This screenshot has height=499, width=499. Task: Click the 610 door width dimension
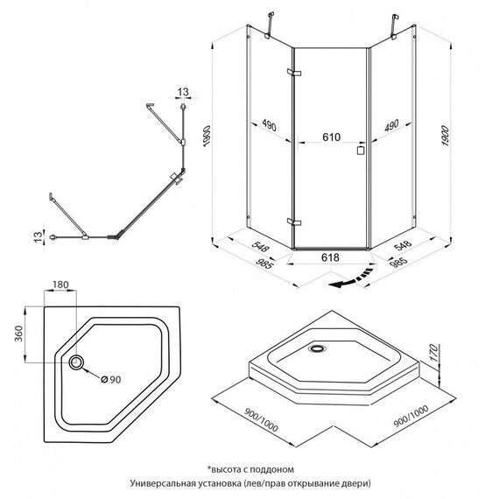(331, 137)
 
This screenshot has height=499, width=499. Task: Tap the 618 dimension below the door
(330, 257)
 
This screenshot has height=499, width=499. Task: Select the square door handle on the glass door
(361, 151)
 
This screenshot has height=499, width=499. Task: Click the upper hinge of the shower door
(294, 73)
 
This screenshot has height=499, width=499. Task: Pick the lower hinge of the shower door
(294, 221)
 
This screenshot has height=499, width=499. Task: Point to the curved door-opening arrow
(351, 278)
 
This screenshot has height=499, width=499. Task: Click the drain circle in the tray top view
(76, 362)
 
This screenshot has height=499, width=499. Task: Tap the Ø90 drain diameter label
(111, 379)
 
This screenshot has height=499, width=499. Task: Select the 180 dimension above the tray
(60, 285)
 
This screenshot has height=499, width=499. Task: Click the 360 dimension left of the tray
(19, 334)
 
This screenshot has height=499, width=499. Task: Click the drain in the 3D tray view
(317, 348)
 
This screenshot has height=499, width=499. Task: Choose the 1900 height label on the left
(207, 136)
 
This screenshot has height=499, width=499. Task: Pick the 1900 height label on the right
(445, 136)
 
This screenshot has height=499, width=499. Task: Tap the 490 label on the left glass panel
(270, 125)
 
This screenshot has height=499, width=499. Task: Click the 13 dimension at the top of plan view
(183, 92)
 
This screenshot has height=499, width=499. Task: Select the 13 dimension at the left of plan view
(38, 236)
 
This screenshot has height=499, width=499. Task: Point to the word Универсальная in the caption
(162, 483)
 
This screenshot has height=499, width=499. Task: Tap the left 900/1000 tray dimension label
(261, 419)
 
